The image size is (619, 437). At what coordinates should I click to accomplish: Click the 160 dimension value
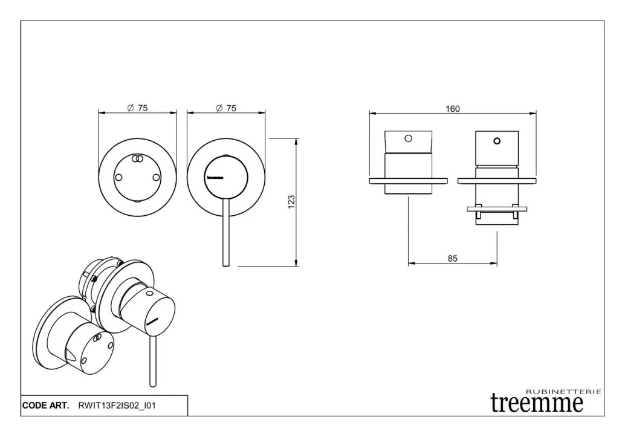pyautogui.click(x=453, y=109)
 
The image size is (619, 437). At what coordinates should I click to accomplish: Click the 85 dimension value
pyautogui.click(x=453, y=258)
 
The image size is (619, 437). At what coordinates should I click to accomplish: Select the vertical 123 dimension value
pyautogui.click(x=291, y=202)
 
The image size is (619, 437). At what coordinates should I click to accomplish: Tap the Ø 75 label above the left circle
pyautogui.click(x=138, y=108)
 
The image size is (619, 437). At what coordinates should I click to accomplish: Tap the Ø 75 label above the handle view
pyautogui.click(x=226, y=108)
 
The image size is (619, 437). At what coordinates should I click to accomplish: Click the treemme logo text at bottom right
pyautogui.click(x=537, y=403)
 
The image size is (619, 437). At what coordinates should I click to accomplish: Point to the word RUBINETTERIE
pyautogui.click(x=563, y=392)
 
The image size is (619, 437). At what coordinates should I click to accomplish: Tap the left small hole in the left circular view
pyautogui.click(x=118, y=177)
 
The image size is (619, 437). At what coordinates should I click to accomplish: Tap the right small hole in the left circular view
pyautogui.click(x=157, y=177)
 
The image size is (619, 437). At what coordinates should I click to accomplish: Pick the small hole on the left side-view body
pyautogui.click(x=409, y=138)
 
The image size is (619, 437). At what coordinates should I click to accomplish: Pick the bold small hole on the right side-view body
pyautogui.click(x=497, y=141)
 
